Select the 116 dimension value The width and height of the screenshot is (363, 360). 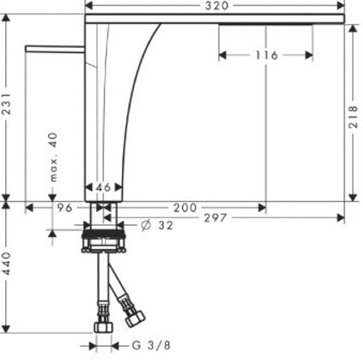coord(266,56)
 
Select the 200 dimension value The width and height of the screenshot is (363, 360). coord(185,207)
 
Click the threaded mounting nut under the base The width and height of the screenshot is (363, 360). coord(105,239)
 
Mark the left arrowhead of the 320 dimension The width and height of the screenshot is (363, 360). coord(89,6)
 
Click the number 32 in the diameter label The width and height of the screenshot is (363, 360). coord(165,225)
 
